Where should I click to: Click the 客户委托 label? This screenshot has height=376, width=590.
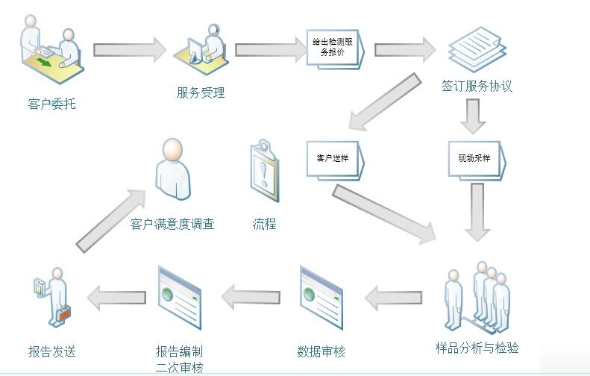point(51,104)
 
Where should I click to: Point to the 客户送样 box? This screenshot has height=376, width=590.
point(335,159)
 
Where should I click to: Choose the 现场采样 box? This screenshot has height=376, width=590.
point(477,159)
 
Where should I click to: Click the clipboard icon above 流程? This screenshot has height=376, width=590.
point(265,174)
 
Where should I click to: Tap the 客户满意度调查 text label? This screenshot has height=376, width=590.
point(172,224)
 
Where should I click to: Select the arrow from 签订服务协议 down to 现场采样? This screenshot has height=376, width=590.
point(472,115)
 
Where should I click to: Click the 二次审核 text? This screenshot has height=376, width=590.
point(179,367)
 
